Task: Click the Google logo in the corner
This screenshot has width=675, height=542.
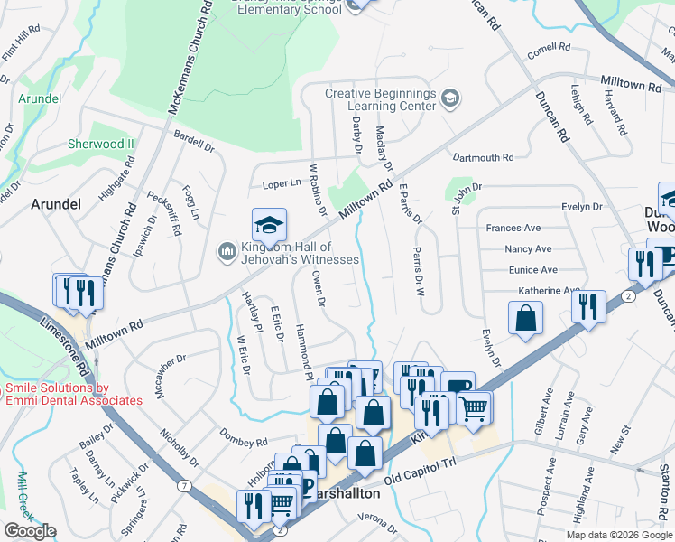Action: click(x=31, y=531)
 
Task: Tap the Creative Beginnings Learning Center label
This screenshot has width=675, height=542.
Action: click(x=380, y=99)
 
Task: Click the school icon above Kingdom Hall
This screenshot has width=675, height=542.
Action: click(x=269, y=224)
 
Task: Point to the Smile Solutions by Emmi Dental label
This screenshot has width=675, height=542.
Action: click(x=74, y=394)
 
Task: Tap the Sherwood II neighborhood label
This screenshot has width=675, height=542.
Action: click(x=100, y=144)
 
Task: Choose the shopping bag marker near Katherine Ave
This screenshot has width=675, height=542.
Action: click(x=526, y=319)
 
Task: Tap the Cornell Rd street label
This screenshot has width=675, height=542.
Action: click(x=550, y=47)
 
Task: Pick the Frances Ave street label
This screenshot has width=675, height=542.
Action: click(x=513, y=229)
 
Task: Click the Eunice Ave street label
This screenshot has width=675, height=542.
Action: click(x=532, y=270)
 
